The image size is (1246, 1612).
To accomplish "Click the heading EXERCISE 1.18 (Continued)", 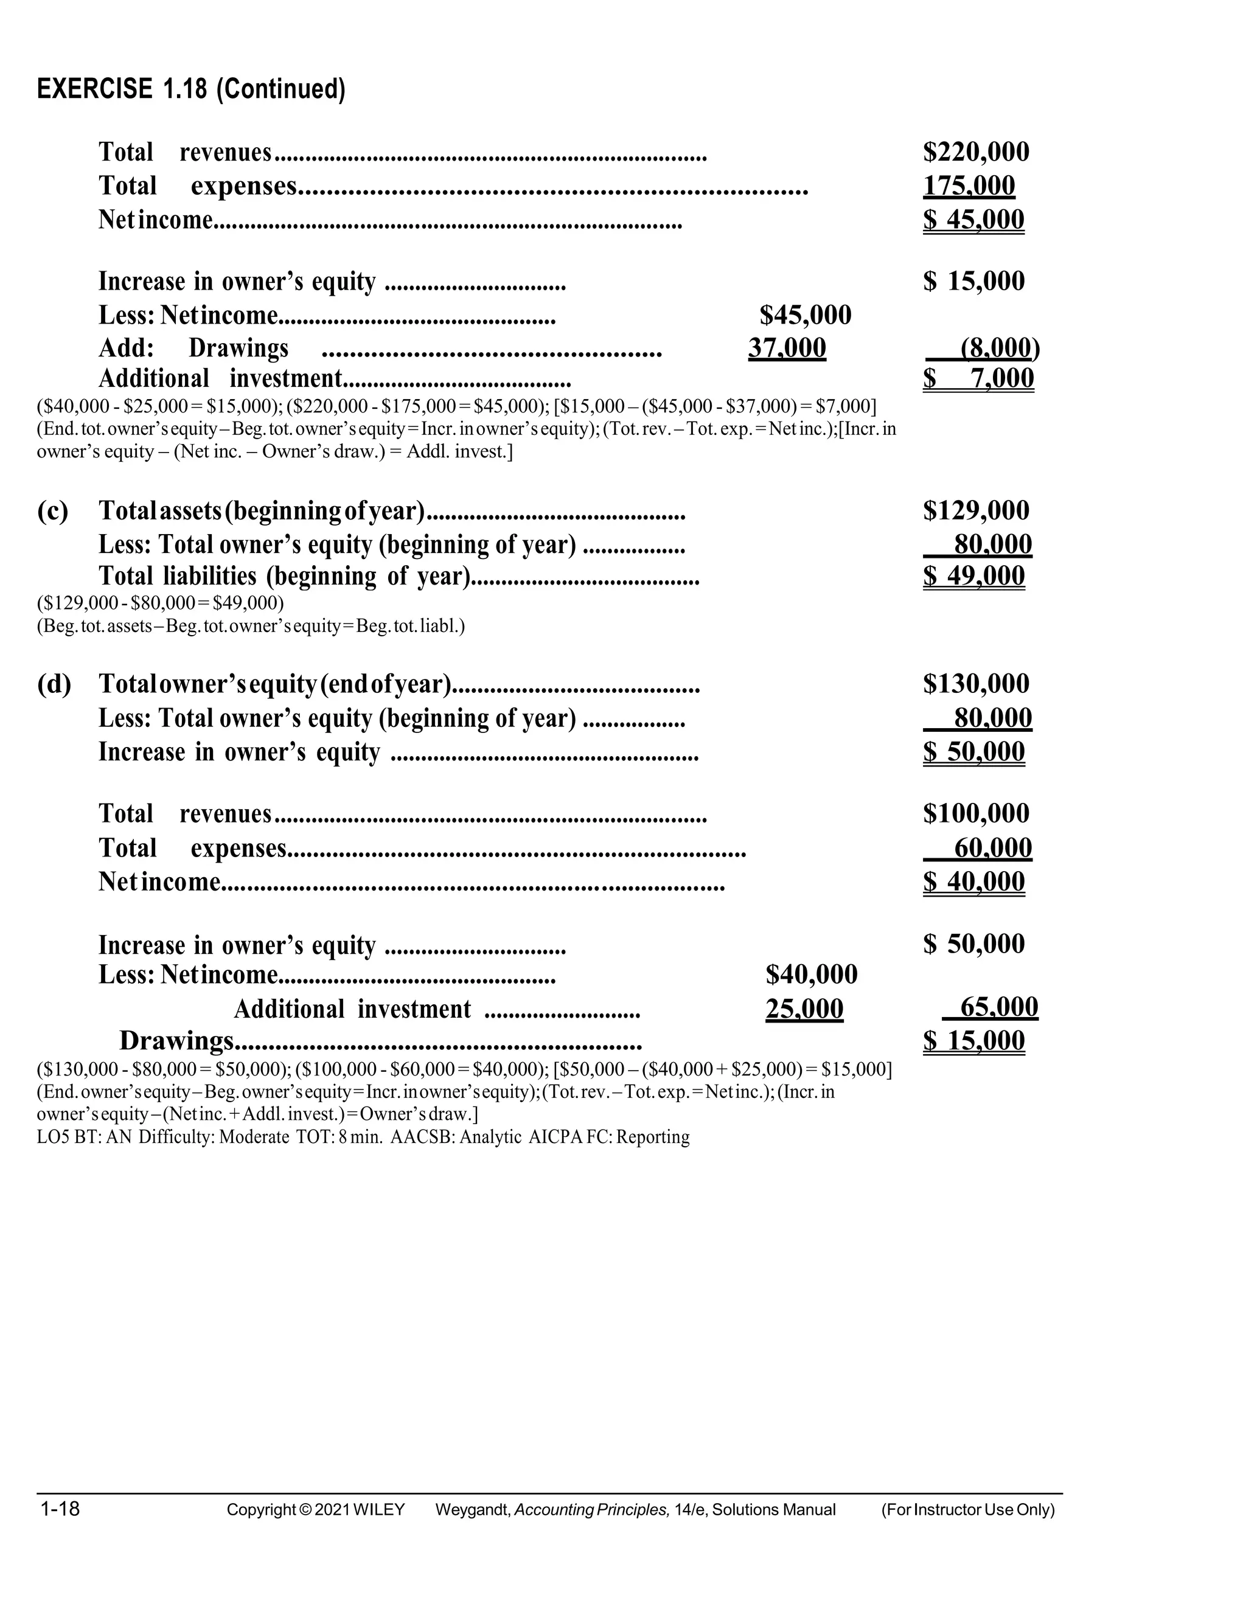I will pyautogui.click(x=191, y=89).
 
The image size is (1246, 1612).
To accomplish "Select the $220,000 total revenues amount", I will pyautogui.click(x=976, y=152).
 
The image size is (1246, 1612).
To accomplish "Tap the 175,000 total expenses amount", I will pyautogui.click(x=969, y=186).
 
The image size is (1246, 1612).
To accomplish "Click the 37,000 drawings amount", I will pyautogui.click(x=787, y=347).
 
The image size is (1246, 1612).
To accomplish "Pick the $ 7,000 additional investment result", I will pyautogui.click(x=978, y=378).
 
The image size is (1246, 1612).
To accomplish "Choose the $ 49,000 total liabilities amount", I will pyautogui.click(x=973, y=575).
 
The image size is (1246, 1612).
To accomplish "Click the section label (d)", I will pyautogui.click(x=54, y=684).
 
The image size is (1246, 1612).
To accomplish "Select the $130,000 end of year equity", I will pyautogui.click(x=976, y=684).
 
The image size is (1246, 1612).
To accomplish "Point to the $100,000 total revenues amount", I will pyautogui.click(x=976, y=813).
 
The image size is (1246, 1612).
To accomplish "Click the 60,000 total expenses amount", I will pyautogui.click(x=993, y=848).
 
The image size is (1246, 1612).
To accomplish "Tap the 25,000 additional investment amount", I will pyautogui.click(x=804, y=1009).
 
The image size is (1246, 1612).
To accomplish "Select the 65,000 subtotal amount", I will pyautogui.click(x=999, y=1007).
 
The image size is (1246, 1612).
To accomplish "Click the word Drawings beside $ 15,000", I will pyautogui.click(x=176, y=1041).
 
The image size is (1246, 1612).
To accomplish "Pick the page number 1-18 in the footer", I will pyautogui.click(x=60, y=1509).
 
